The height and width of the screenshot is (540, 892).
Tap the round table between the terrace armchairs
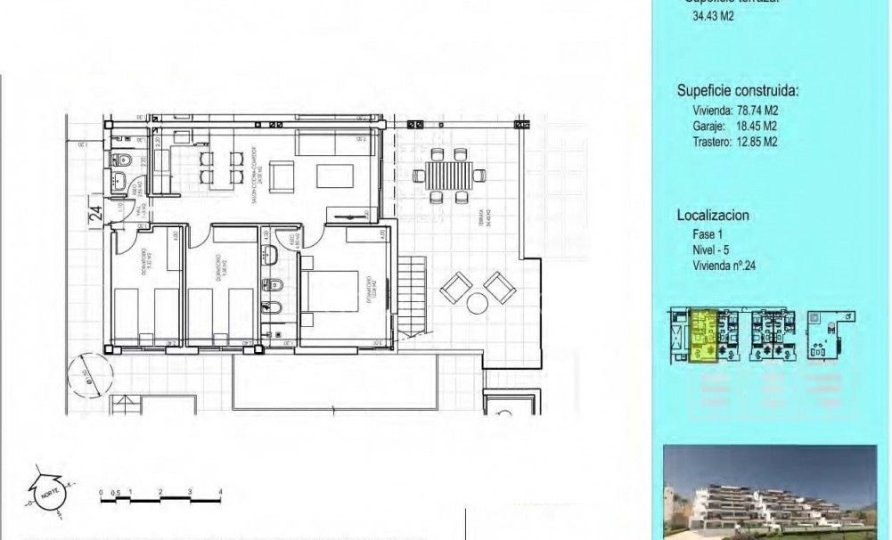pyautogui.click(x=476, y=304)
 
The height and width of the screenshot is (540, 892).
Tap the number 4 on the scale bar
pyautogui.click(x=219, y=492)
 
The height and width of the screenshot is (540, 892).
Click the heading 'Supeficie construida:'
pyautogui.click(x=737, y=91)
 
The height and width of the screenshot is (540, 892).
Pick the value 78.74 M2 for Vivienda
pyautogui.click(x=754, y=110)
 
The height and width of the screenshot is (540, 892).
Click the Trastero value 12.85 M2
pyautogui.click(x=754, y=141)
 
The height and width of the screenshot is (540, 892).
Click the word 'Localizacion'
pyautogui.click(x=712, y=216)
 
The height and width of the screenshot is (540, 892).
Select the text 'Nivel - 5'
pyautogui.click(x=716, y=250)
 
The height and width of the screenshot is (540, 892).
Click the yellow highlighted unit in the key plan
pyautogui.click(x=704, y=334)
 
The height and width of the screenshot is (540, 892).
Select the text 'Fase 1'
pyautogui.click(x=708, y=235)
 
